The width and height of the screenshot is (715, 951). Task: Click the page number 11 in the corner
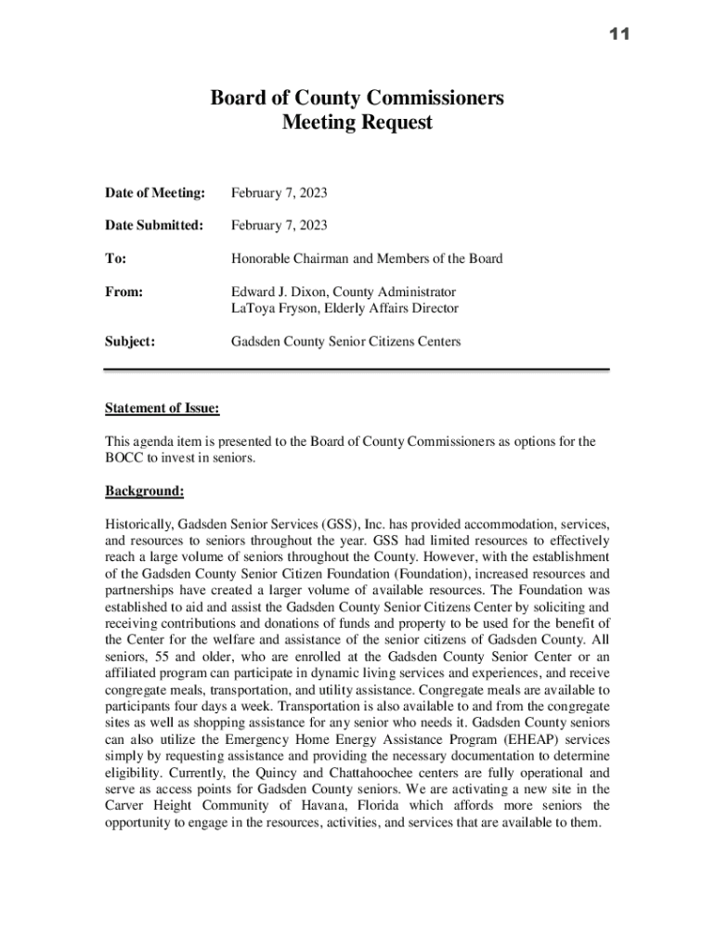619,34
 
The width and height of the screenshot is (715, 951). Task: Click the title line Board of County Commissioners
357,98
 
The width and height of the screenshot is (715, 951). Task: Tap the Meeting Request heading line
357,123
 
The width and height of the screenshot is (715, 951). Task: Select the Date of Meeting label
154,193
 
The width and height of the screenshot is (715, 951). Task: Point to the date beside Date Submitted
279,226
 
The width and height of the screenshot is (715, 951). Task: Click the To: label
117,258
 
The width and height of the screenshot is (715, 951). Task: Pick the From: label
124,292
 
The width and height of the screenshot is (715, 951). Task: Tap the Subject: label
130,342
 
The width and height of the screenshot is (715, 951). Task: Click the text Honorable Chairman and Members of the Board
366,258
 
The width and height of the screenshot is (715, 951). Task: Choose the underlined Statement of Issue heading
162,408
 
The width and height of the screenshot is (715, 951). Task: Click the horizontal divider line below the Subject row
357,370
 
